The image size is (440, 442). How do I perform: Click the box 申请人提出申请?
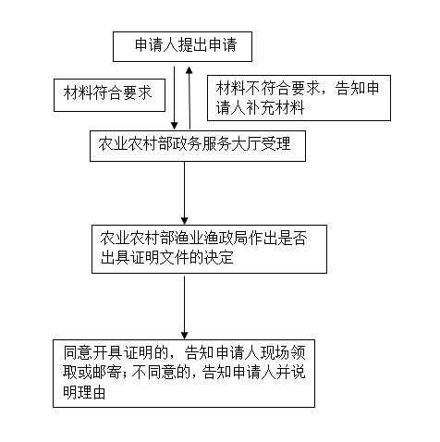(182, 46)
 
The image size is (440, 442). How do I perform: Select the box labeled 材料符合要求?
(109, 95)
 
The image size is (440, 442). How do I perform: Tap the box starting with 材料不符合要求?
(299, 98)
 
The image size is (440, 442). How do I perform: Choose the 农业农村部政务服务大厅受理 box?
(198, 146)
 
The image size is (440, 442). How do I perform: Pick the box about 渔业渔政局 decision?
(209, 249)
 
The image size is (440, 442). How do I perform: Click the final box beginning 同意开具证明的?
(184, 374)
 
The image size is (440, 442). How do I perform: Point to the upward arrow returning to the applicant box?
(189, 98)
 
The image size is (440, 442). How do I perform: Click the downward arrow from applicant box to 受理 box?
(175, 98)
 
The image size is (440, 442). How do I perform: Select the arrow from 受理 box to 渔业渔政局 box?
(184, 193)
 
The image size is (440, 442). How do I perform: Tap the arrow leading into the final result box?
(184, 307)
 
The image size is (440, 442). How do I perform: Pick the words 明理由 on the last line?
(84, 392)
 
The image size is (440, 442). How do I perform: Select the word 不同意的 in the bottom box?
(161, 373)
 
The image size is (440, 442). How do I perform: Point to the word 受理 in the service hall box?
(275, 143)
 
